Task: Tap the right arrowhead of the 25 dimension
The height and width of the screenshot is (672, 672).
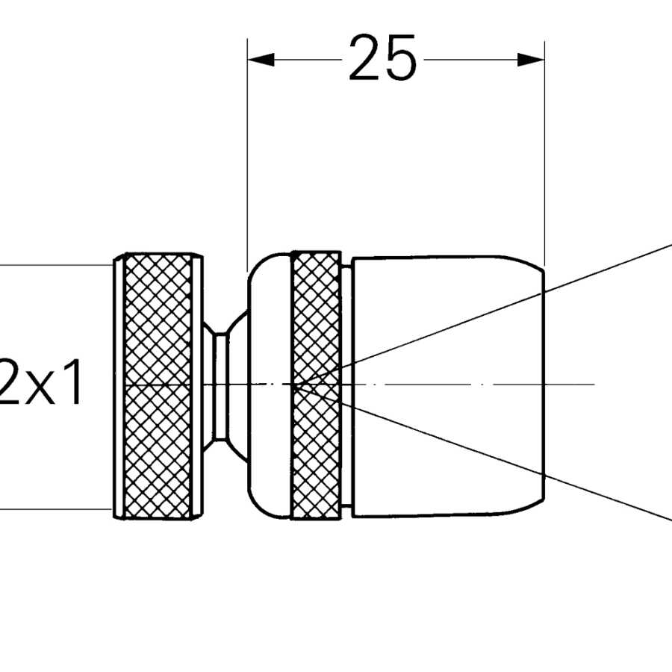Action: pyautogui.click(x=531, y=60)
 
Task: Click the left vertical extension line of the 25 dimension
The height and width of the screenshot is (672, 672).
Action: pyautogui.click(x=247, y=149)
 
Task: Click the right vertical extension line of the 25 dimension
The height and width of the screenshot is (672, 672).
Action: pyautogui.click(x=544, y=149)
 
